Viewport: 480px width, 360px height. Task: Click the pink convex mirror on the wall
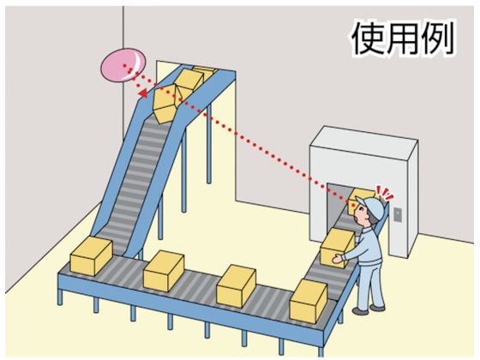point(123,66)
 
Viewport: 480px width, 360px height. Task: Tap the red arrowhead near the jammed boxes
point(143,93)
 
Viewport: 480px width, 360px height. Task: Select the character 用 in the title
point(402,39)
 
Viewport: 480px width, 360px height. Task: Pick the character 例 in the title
point(437,39)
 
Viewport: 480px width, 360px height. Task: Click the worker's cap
point(370,207)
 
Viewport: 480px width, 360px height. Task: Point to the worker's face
point(362,216)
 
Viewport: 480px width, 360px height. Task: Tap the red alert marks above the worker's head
point(385,193)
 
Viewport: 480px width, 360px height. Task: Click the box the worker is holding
point(338,248)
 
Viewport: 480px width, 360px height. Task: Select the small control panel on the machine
point(398,214)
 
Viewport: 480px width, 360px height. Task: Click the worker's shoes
point(369,309)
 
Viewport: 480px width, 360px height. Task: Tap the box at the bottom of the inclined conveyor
point(91,256)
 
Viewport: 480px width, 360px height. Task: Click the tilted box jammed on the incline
point(165,104)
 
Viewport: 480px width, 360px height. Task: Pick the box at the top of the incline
point(190,78)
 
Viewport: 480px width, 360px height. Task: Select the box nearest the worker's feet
point(309,301)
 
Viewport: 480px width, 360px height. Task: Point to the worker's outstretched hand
point(337,259)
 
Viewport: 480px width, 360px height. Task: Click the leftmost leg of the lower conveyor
point(60,297)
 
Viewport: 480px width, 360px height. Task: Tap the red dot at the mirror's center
point(124,65)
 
